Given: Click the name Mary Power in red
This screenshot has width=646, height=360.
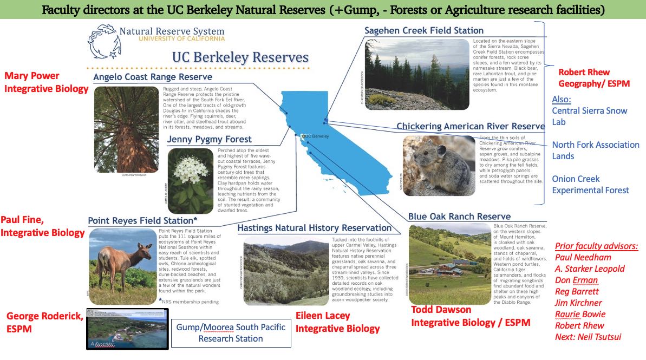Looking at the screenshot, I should [31, 76].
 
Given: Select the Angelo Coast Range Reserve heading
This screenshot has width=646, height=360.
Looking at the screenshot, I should [152, 77].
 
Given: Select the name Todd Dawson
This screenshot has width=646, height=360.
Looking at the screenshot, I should [441, 310].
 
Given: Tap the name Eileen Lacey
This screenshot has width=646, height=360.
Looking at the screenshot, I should [323, 316].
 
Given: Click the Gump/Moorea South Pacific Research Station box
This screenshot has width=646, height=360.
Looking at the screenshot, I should [231, 333].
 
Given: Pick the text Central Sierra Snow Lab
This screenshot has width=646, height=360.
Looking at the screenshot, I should [589, 116].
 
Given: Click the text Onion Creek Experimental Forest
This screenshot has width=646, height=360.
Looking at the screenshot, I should [590, 184].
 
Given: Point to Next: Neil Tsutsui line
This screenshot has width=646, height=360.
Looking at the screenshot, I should [588, 337].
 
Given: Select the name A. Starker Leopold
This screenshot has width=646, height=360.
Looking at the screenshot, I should [590, 269].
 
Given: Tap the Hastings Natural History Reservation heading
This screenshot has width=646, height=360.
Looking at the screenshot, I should [314, 228].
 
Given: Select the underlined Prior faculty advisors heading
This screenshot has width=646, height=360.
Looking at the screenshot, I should [596, 246].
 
